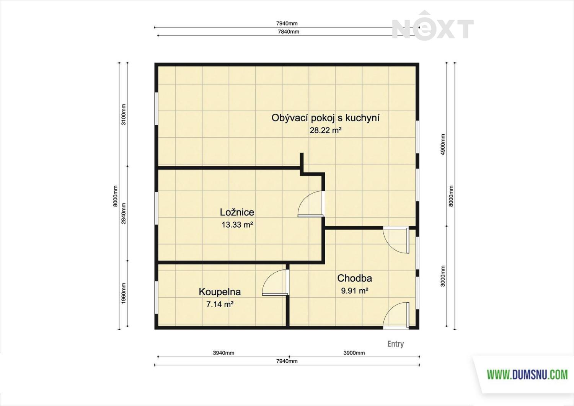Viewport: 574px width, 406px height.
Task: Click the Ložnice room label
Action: tap(237, 212)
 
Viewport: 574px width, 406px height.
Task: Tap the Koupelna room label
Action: tap(220, 292)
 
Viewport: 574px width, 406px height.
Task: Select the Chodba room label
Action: tap(354, 278)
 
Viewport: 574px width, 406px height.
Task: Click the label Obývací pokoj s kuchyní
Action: tap(325, 118)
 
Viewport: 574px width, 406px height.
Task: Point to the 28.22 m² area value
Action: tap(326, 130)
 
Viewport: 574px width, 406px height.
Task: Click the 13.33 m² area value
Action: tap(237, 225)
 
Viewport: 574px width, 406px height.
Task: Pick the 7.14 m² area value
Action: tap(220, 305)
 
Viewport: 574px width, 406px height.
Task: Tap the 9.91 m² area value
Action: tap(355, 291)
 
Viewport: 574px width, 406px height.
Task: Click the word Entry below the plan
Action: tap(395, 344)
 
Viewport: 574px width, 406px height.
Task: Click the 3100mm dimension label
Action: tap(124, 114)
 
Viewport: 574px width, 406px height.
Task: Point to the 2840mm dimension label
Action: tap(124, 213)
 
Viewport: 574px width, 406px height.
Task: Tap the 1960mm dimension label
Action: tap(124, 293)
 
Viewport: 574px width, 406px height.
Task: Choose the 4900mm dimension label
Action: tap(443, 144)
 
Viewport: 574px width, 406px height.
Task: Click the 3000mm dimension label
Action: tap(443, 276)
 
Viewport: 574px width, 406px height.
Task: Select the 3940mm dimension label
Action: tap(223, 353)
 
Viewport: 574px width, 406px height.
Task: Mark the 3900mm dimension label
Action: tap(354, 353)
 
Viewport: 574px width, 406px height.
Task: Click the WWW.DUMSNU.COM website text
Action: tap(527, 375)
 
